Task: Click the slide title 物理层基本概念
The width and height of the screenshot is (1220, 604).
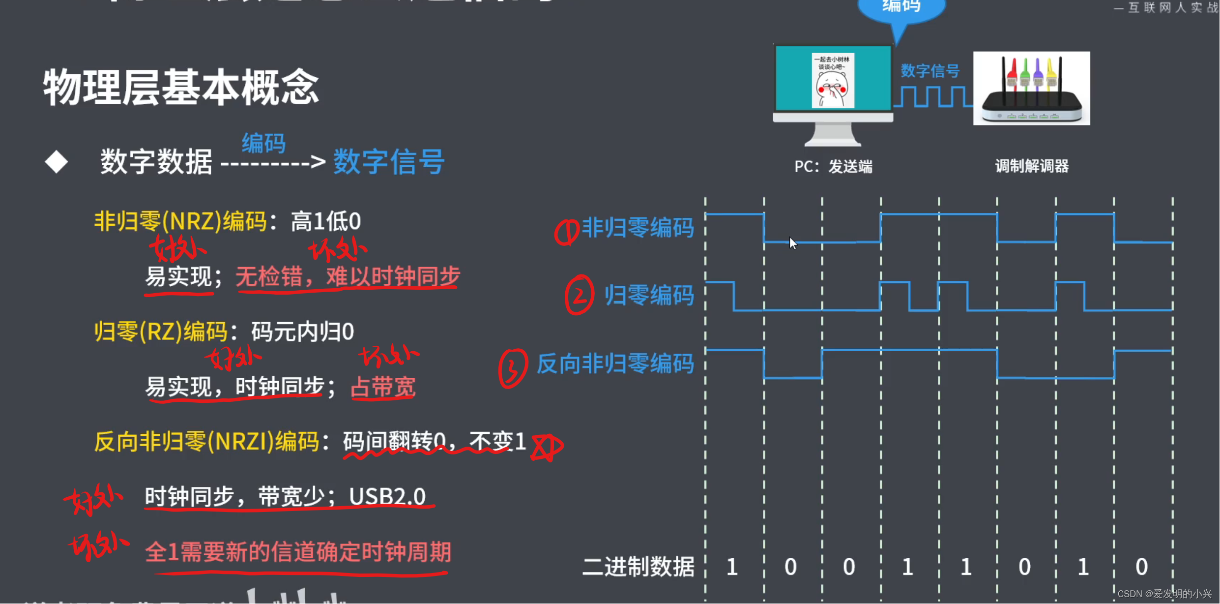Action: [181, 88]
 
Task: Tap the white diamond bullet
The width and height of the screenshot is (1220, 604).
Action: [56, 162]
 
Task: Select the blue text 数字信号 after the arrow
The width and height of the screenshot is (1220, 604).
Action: [389, 162]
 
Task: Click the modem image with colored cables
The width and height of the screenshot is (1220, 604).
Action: [1031, 89]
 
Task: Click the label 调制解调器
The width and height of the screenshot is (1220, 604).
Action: [1032, 166]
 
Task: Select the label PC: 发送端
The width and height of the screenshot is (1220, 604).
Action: [833, 167]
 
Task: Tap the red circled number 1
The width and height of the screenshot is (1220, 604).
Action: [566, 232]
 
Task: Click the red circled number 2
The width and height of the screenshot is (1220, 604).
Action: [579, 296]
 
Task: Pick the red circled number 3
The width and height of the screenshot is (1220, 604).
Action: [512, 368]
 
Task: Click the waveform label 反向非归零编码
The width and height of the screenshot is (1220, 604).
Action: [615, 364]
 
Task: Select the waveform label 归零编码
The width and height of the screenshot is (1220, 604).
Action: [649, 296]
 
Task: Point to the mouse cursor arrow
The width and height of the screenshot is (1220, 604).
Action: [792, 242]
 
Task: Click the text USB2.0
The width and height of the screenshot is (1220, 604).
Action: [387, 496]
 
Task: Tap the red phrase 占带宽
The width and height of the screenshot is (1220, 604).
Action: [383, 387]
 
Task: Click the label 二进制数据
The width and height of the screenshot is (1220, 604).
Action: [638, 567]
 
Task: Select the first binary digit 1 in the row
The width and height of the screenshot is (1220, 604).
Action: [732, 567]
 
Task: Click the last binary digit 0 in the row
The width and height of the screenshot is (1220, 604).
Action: [1141, 567]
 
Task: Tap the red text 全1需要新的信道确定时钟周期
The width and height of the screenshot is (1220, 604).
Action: [298, 552]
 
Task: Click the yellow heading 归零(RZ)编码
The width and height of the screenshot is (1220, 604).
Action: [161, 332]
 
